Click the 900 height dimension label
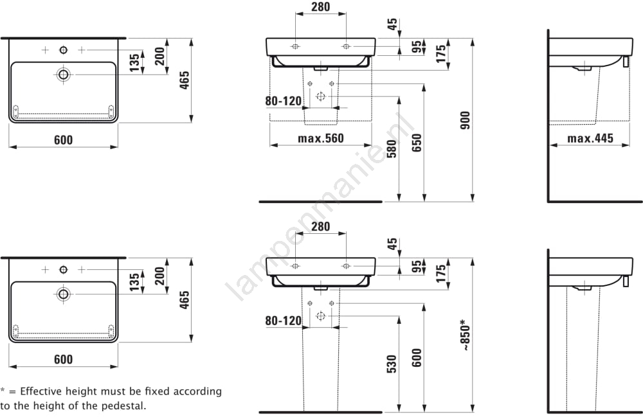pyautogui.click(x=466, y=120)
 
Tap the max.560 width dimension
pyautogui.click(x=320, y=138)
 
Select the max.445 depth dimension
pyautogui.click(x=590, y=138)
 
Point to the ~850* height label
pyautogui.click(x=466, y=334)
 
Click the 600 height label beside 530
pyautogui.click(x=417, y=358)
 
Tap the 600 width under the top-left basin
pyautogui.click(x=63, y=140)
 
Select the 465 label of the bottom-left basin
pyautogui.click(x=185, y=300)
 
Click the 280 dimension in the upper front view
pyautogui.click(x=320, y=7)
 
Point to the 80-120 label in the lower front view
pyautogui.click(x=283, y=320)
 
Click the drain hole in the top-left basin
pyautogui.click(x=63, y=75)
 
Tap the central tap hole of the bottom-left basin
pyautogui.click(x=63, y=269)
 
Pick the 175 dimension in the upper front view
pyautogui.click(x=440, y=53)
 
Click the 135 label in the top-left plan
pyautogui.click(x=134, y=62)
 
